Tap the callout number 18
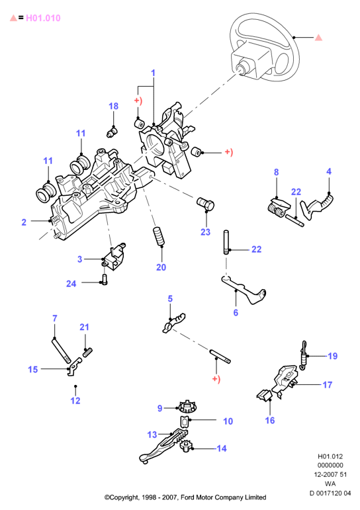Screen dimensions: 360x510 click(113, 106)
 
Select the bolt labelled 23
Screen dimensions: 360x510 click(206, 204)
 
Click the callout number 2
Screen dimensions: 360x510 click(24, 222)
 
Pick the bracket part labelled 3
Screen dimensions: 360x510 click(114, 257)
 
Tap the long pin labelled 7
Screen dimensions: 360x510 click(61, 350)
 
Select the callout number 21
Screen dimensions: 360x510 click(84, 327)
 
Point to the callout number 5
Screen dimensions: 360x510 click(170, 298)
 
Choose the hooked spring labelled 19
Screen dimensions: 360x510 click(303, 355)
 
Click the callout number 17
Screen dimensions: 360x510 click(328, 385)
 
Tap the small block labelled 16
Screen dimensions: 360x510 click(264, 395)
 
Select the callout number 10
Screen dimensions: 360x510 click(228, 421)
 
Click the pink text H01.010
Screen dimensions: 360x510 click(43, 18)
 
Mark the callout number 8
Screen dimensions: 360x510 click(277, 172)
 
